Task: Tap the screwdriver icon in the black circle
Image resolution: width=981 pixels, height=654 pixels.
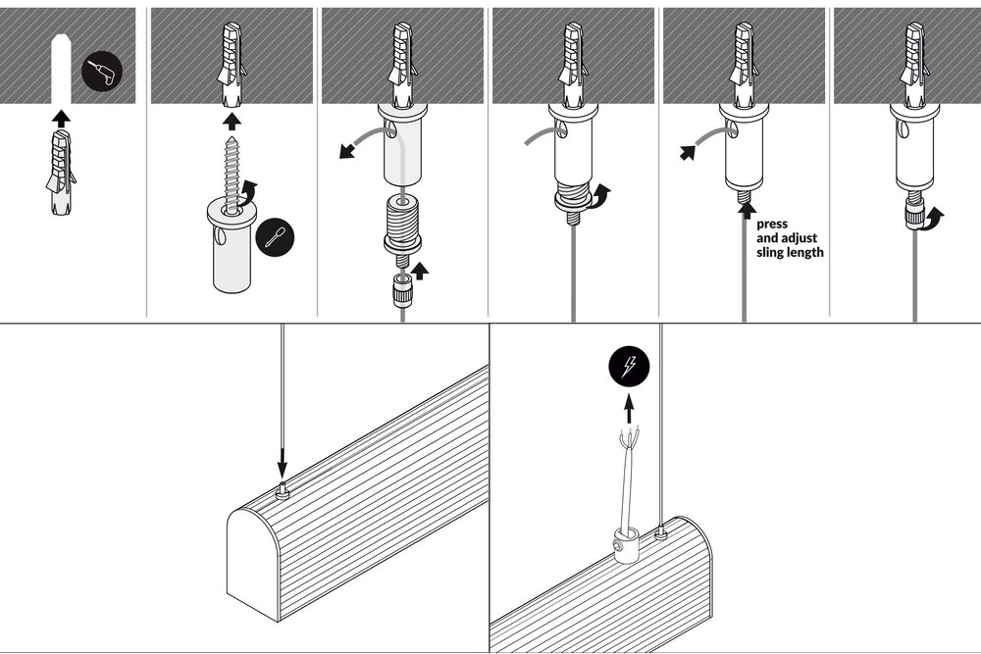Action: coord(275,237)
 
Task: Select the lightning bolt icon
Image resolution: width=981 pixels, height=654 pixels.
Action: coord(629,368)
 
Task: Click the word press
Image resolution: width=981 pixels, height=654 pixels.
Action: coord(772,224)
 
